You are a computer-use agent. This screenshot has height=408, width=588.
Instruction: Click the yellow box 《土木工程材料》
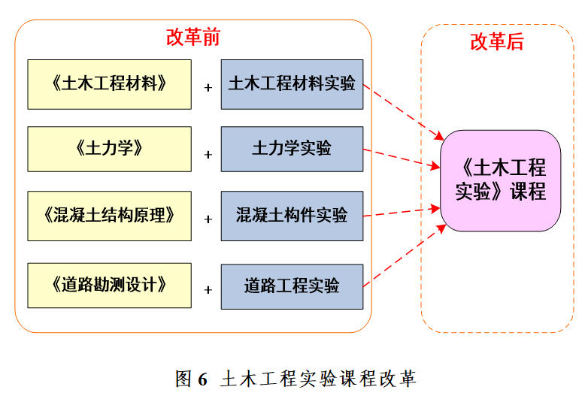109,84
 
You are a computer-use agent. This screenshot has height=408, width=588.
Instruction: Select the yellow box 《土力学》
109,149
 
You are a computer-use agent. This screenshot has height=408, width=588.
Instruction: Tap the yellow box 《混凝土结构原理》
109,216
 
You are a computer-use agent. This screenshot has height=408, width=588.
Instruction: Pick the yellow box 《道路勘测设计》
109,286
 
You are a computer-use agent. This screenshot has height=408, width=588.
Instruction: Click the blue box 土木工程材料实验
292,84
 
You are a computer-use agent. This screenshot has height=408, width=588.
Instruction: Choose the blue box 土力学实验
292,149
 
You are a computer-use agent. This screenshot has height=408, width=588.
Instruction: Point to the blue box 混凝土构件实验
292,216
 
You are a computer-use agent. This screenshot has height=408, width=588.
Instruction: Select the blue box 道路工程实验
292,286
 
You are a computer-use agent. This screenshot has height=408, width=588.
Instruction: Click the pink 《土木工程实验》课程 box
500,180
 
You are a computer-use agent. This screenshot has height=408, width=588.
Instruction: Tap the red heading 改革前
192,37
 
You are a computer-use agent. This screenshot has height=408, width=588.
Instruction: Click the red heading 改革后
497,42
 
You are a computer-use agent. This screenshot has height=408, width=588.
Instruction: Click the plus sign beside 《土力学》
208,155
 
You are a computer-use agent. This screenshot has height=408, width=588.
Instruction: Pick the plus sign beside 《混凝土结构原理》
208,220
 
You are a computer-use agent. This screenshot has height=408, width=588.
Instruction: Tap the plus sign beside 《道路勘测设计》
208,289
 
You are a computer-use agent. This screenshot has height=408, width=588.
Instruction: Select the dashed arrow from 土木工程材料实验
403,112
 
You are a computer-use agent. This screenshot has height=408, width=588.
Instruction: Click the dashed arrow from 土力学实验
402,157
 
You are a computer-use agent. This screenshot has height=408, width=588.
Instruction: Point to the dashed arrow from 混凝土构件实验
402,210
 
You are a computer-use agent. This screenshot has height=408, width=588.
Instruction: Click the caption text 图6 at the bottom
191,379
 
